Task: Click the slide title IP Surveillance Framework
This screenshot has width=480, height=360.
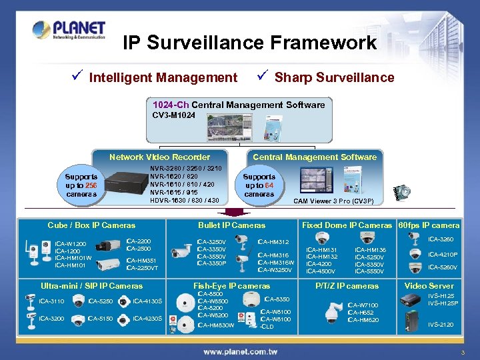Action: coord(250,43)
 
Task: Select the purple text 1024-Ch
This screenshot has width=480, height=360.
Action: coord(171,105)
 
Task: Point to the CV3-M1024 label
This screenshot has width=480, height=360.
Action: coord(174,115)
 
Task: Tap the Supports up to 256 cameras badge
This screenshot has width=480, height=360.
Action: coord(81,185)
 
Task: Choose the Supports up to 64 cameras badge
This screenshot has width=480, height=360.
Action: coord(259,185)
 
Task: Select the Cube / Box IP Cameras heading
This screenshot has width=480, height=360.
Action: coord(91,225)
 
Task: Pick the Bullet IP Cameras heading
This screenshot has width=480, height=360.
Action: coord(231,225)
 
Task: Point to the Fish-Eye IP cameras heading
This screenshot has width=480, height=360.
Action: coord(231,286)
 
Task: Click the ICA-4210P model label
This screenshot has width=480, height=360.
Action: coord(443,254)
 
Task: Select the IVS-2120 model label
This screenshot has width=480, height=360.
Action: coord(441,325)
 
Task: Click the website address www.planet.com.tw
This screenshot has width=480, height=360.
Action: coord(241,351)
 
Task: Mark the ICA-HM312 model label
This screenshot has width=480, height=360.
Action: coord(273,242)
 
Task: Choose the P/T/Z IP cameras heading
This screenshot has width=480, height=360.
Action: coord(347,286)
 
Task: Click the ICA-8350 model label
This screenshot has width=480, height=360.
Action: coord(277,299)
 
